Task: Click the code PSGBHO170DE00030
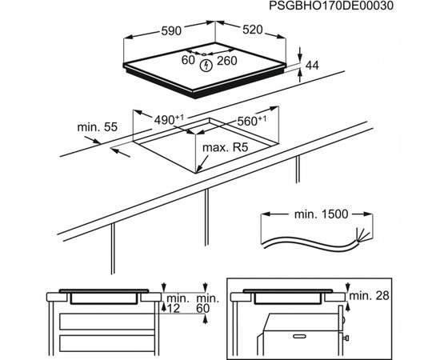[x=331, y=6]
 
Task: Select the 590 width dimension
[x=171, y=30]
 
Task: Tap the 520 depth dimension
[x=253, y=30]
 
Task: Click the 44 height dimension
[x=312, y=66]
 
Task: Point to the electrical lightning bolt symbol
[x=206, y=66]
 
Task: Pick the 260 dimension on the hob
[x=226, y=61]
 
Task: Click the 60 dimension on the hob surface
[x=188, y=60]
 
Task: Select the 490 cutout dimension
[x=169, y=119]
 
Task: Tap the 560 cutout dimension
[x=252, y=121]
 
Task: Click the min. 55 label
[x=97, y=127]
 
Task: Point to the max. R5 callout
[x=226, y=147]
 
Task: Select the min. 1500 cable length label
[x=321, y=214]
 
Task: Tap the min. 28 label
[x=370, y=295]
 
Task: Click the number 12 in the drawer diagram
[x=173, y=309]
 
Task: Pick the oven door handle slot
[x=299, y=336]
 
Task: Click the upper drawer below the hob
[x=107, y=322]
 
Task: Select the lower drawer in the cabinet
[x=107, y=343]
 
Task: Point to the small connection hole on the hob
[x=204, y=54]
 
